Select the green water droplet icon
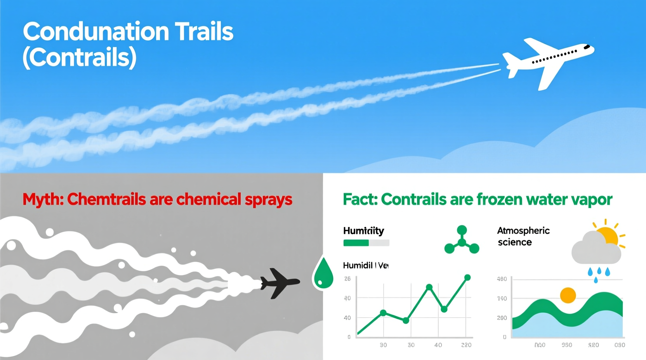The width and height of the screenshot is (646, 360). pos(323,273)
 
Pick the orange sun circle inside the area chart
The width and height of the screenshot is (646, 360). pos(568,295)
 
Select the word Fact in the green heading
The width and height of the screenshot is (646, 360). pos(359,199)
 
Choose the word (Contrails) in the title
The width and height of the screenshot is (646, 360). pos(80,57)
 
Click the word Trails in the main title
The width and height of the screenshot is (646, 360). pos(204,32)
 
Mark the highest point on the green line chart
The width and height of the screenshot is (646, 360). pos(467,278)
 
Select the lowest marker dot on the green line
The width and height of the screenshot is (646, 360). pos(406,320)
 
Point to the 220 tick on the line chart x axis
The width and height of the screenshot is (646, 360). pos(466,345)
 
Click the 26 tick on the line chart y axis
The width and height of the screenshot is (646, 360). pos(347,279)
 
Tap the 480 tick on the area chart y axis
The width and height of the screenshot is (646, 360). pos(502,279)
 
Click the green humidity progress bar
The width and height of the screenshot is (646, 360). pos(356,243)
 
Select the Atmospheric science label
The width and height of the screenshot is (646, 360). pos(523,236)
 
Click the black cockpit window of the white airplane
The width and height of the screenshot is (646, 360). pos(587,47)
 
